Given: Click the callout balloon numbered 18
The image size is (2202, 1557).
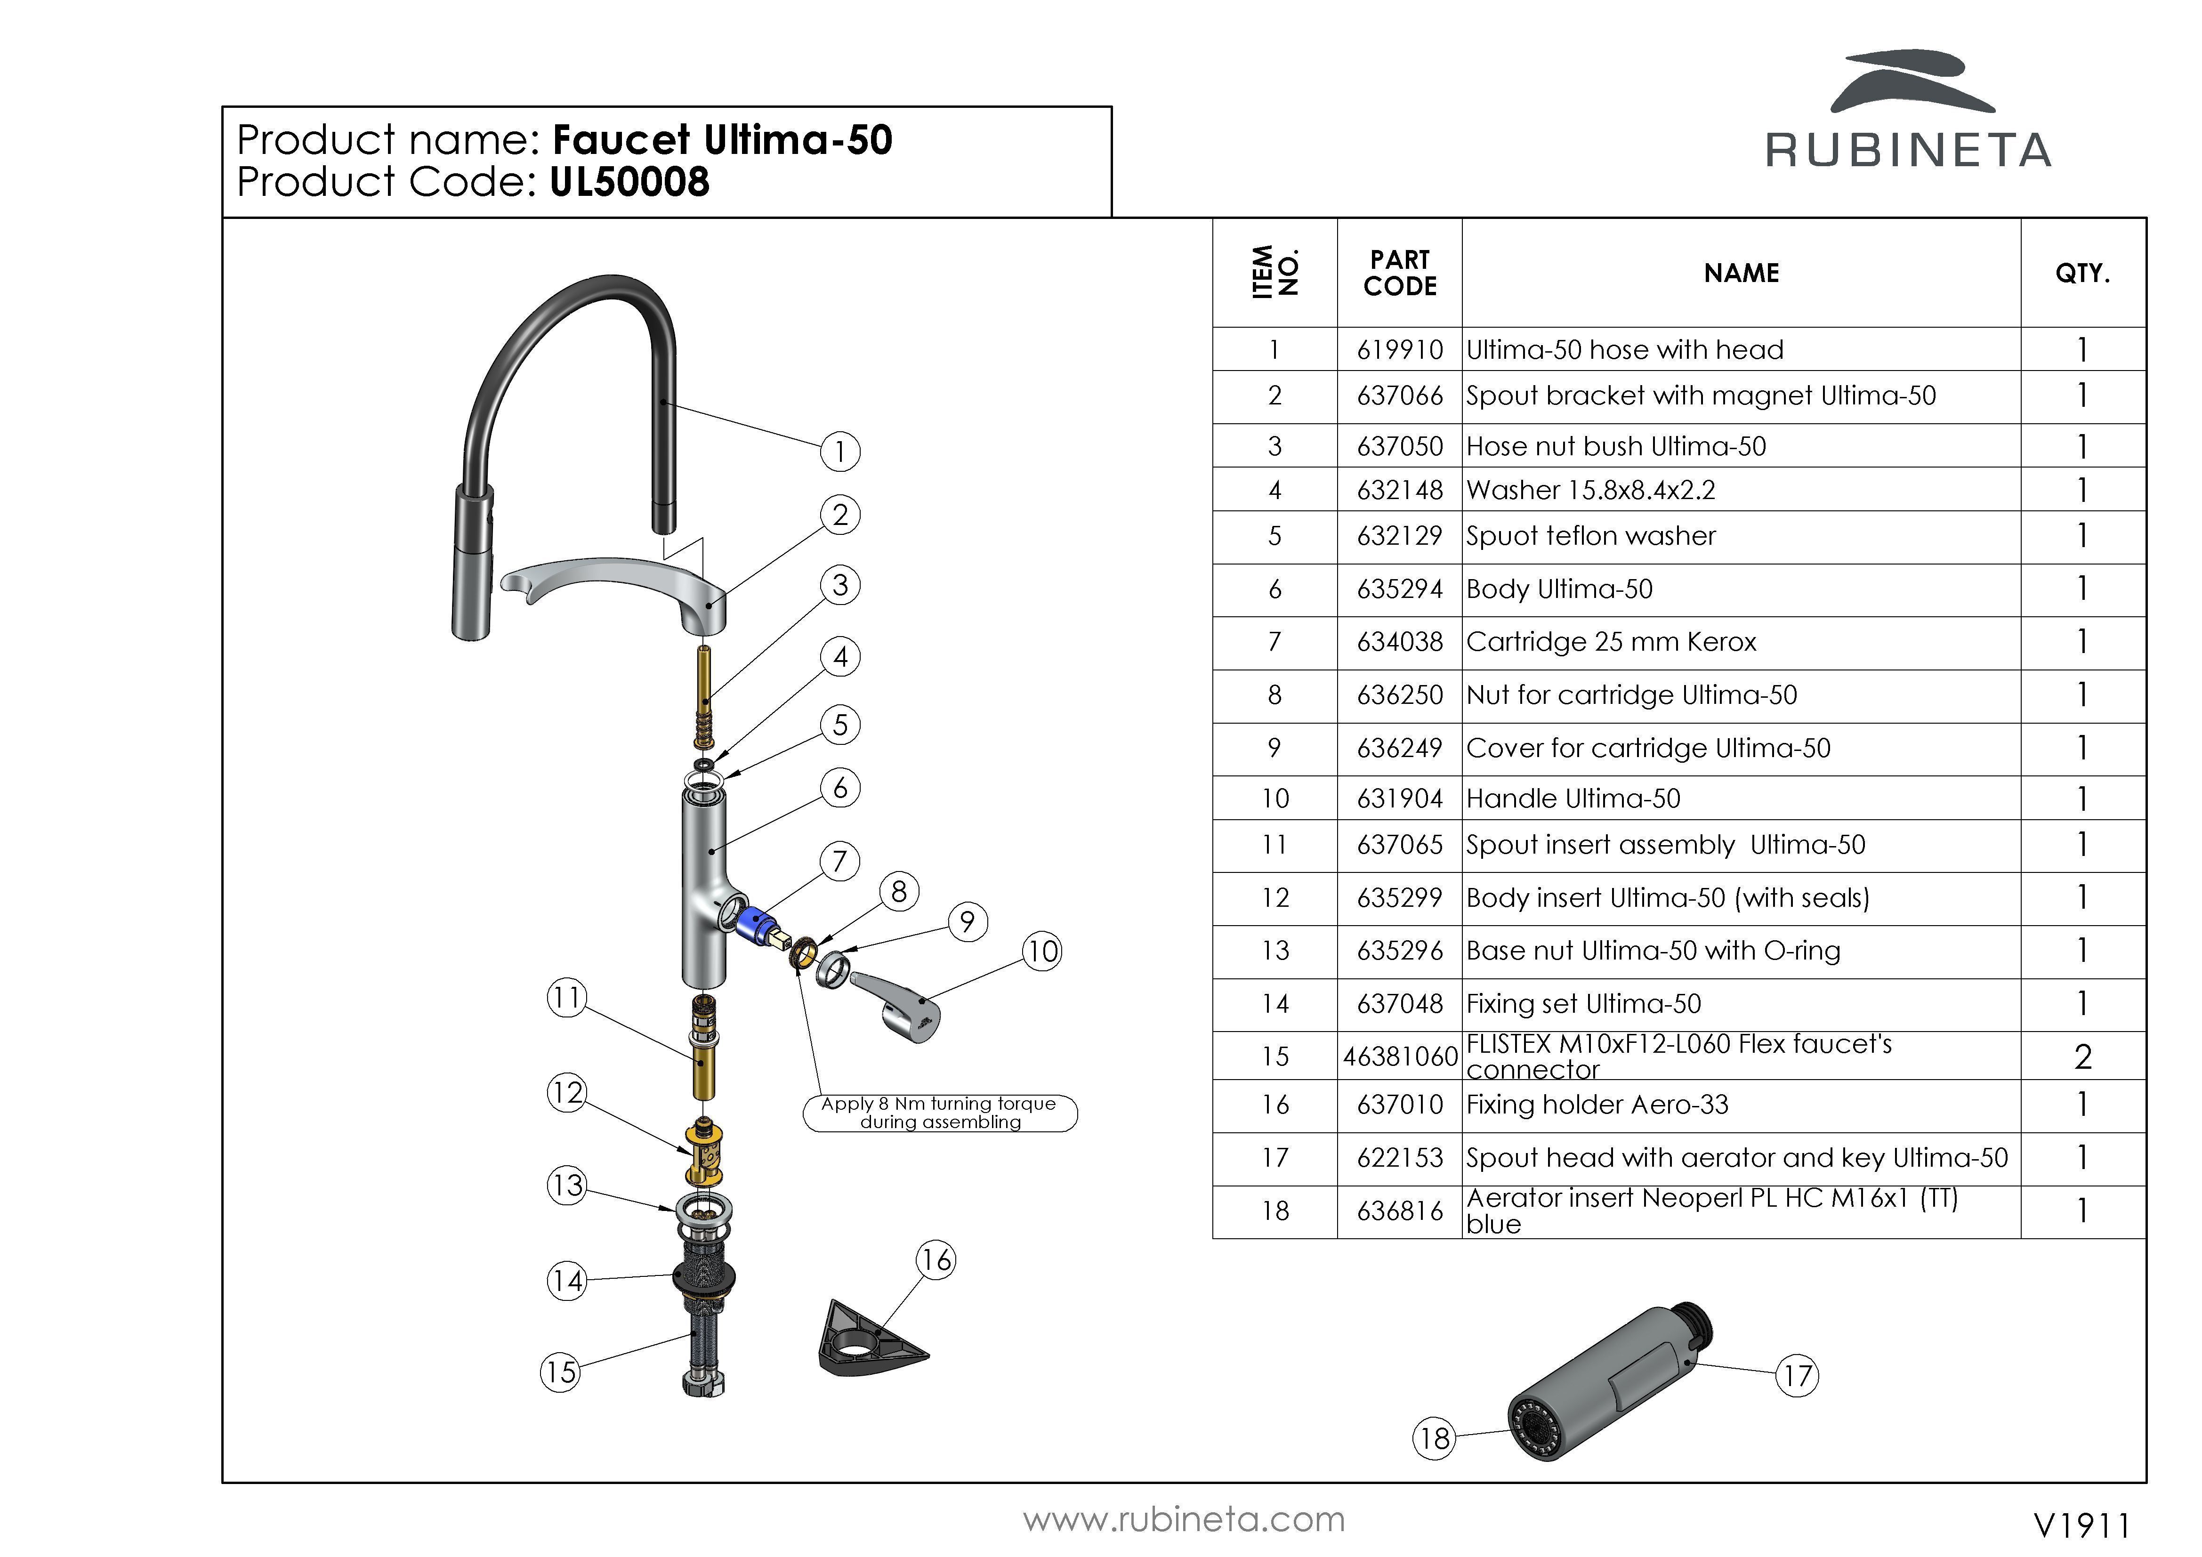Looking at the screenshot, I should coord(1434,1438).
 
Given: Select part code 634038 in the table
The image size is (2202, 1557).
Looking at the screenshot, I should coord(1399,642).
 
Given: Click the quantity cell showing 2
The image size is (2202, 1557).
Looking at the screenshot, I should coord(2082,1056).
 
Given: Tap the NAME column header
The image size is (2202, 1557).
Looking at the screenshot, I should coord(1741,274).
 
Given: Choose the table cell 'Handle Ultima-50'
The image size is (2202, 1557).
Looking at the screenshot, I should coord(1573,798).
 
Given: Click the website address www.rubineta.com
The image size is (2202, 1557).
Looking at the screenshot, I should coord(1184,1520).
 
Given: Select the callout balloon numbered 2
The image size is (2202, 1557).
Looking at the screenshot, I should coord(840,515).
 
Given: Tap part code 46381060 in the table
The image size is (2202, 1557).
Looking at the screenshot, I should coord(1399,1056).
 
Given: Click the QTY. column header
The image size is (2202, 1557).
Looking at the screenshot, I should coord(2082,274).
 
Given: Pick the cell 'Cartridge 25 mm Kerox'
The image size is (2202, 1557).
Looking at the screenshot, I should coord(1611,642).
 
